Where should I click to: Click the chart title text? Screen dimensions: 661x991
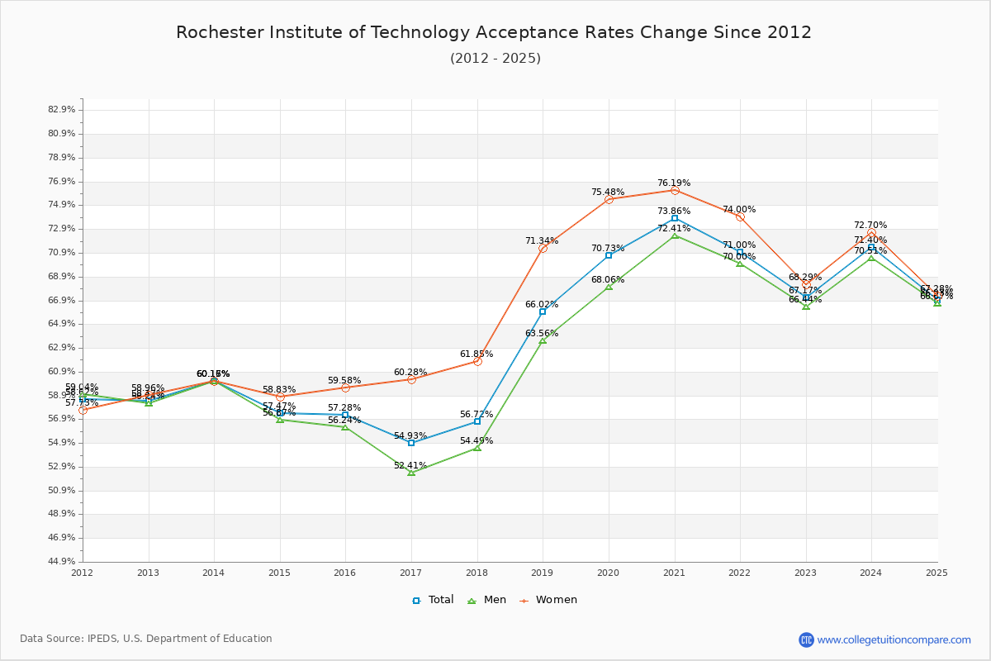tap(494, 32)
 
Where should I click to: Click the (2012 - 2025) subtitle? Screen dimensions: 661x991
tap(495, 59)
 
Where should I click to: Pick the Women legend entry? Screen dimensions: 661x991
tap(548, 600)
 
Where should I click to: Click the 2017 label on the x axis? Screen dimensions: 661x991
tap(410, 572)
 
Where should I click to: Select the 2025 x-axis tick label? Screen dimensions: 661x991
tap(936, 572)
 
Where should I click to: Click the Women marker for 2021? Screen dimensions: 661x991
tap(675, 191)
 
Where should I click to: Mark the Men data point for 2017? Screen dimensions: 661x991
tap(411, 473)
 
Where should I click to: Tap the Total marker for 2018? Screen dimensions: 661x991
tap(477, 421)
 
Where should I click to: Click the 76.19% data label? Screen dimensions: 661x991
tap(674, 183)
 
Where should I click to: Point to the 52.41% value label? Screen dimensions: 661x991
tap(410, 465)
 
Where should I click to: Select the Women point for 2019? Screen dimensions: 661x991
tap(543, 249)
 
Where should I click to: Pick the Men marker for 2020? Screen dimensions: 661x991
tap(609, 287)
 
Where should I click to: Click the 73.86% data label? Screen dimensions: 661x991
tap(674, 212)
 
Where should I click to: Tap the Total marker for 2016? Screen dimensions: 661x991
tap(345, 415)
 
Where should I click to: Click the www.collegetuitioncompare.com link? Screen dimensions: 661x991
tap(894, 640)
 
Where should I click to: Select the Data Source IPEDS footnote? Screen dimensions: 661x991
tap(146, 639)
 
